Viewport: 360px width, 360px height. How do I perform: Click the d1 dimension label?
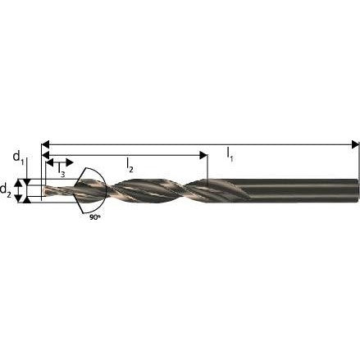[x=19, y=157]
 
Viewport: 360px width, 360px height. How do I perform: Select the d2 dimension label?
[x=6, y=189]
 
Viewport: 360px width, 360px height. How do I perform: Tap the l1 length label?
[x=230, y=154]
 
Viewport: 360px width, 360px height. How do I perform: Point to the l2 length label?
[x=130, y=166]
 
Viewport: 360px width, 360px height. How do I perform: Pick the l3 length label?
[x=62, y=171]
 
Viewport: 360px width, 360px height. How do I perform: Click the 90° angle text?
[x=95, y=217]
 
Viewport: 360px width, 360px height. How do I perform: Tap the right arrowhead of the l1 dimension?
[x=355, y=144]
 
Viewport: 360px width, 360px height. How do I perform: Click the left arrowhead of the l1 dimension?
[x=45, y=144]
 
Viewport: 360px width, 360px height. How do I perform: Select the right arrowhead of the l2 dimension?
[x=203, y=155]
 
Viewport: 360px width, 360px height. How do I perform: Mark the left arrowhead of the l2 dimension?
[x=45, y=155]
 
